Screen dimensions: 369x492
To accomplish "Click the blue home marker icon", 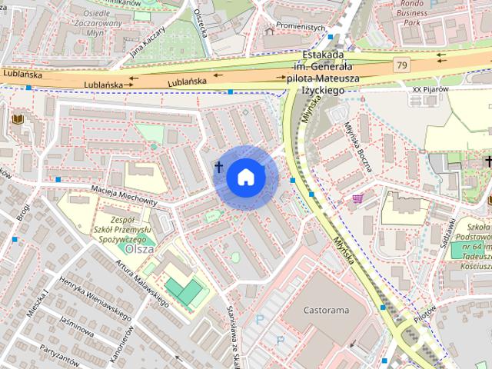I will click(x=244, y=177).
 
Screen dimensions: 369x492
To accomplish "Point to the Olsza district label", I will click(x=140, y=249).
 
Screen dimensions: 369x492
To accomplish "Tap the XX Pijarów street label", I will click(x=428, y=89).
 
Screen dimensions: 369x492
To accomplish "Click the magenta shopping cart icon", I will click(x=357, y=198).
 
